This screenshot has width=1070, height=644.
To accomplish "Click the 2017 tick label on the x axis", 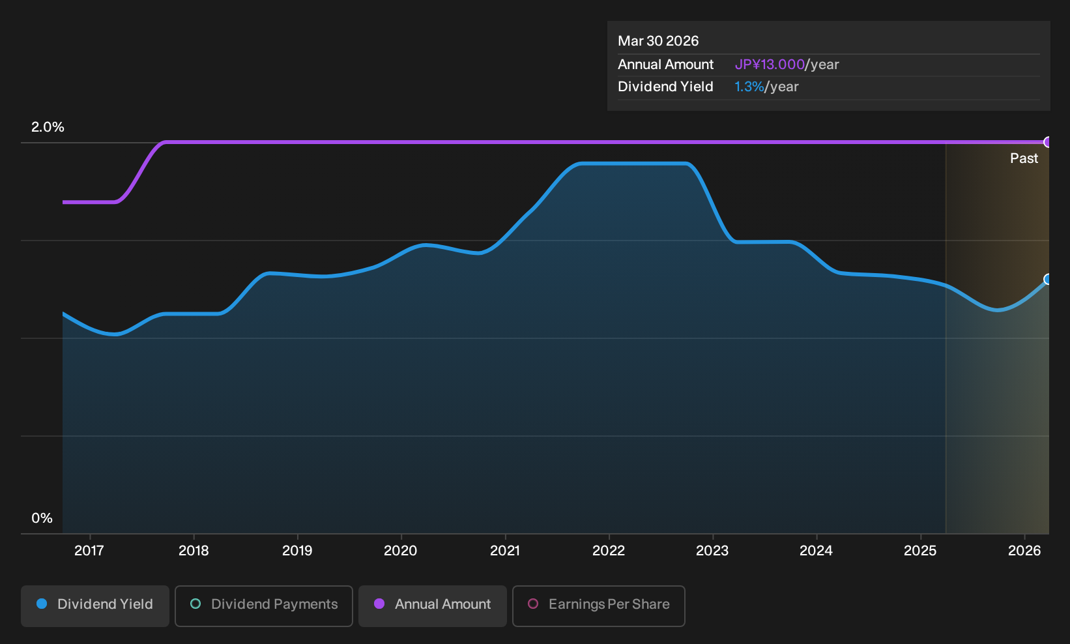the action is (89, 551).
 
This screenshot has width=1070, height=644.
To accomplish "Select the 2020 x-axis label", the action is (400, 551).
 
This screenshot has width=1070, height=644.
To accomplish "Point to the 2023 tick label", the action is (712, 551).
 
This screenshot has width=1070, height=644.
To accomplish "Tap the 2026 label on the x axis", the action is (1024, 551).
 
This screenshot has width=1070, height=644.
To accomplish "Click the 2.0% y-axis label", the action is (48, 127).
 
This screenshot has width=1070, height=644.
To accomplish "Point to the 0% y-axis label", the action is (42, 518).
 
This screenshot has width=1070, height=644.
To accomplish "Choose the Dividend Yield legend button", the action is (95, 606).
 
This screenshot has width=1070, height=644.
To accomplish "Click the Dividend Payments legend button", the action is (264, 606).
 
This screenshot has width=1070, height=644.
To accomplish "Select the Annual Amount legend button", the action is (432, 606).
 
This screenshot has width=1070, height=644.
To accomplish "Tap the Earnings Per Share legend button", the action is (598, 606).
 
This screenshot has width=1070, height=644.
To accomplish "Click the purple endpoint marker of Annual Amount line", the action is (1047, 142).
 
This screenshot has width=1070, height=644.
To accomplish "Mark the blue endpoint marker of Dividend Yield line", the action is (1047, 279).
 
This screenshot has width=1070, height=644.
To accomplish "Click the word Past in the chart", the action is (1024, 158).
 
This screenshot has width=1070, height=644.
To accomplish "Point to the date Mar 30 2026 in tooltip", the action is (658, 41).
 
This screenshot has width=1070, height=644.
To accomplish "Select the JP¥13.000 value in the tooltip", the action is (770, 65).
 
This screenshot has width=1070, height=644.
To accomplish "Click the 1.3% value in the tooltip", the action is (749, 87).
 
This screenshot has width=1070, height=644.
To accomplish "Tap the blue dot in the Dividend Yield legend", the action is (42, 604).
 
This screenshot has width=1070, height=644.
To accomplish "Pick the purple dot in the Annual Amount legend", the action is (379, 604).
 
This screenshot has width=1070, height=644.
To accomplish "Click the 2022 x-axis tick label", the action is (609, 551).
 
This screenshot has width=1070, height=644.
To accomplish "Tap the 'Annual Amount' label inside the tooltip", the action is (665, 65).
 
